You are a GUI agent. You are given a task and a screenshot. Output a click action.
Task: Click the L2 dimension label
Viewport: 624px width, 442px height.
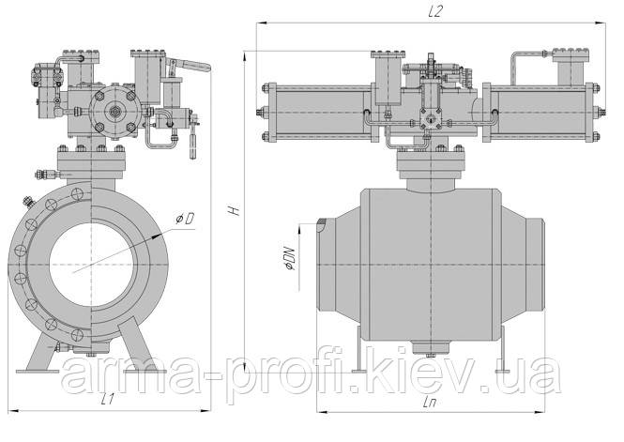435,12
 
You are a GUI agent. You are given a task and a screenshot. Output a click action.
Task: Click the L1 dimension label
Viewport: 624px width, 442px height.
108,399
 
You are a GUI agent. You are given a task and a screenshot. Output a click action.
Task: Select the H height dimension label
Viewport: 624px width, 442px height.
235,209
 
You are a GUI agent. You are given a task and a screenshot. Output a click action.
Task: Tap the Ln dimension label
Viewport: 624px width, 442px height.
430,403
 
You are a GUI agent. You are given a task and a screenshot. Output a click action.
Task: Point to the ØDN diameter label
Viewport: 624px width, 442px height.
289,259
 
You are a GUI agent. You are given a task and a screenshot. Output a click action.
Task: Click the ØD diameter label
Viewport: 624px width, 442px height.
186,218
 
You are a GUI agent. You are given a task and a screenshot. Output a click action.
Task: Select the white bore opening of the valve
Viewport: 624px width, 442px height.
92,265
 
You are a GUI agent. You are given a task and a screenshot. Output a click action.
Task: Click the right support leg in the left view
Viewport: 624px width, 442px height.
142,346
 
